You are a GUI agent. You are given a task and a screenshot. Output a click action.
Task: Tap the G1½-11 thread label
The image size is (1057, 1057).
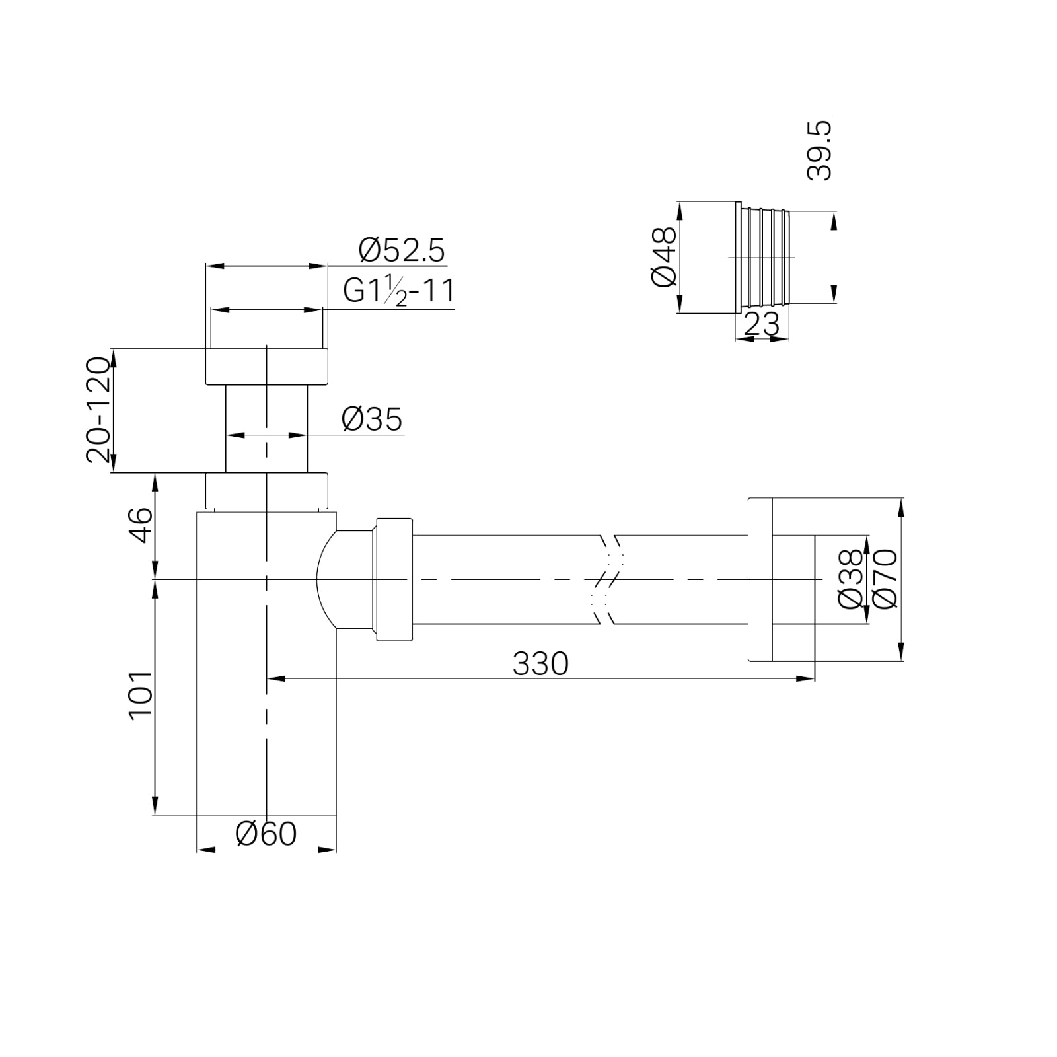399,291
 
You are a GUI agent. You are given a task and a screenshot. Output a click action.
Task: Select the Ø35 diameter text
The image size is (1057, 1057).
372,419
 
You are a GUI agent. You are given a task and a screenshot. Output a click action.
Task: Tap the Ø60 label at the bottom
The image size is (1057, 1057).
266,834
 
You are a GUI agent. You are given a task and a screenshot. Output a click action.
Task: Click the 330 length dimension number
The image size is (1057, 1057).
540,664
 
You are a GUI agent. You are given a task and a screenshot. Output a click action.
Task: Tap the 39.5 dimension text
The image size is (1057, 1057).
820,150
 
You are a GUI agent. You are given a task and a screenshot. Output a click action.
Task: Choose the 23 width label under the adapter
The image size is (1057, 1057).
762,324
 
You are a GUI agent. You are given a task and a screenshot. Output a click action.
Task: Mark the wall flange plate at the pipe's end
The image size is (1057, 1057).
760,579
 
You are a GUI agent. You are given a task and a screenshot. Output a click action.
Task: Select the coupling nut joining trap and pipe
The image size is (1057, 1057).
394,579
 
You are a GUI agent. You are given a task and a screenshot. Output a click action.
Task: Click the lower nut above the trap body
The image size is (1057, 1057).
266,490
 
